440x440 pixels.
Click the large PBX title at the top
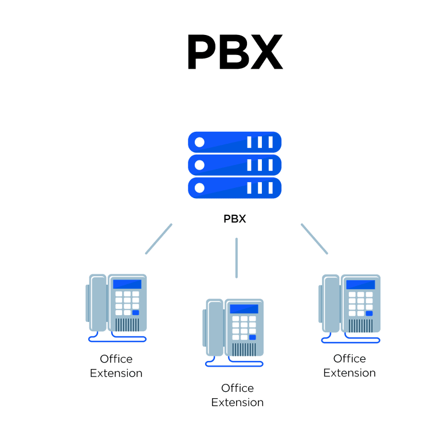click(235, 52)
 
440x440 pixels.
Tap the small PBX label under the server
click(235, 219)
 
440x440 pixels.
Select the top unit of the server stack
click(235, 142)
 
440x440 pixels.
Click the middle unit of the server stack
click(235, 165)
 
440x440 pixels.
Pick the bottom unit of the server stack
click(235, 188)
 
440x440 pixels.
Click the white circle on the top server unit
click(199, 142)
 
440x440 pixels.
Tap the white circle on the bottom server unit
click(199, 188)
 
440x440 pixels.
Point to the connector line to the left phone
click(159, 239)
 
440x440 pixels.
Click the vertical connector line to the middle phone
click(236, 258)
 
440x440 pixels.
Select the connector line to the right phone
click(314, 239)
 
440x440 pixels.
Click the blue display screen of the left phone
click(127, 284)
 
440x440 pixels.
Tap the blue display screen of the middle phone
click(244, 309)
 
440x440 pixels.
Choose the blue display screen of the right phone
click(361, 284)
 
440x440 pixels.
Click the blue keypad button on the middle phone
click(253, 337)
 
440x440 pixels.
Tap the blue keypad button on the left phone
click(136, 313)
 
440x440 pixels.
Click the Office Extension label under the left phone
click(116, 366)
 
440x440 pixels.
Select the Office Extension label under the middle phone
click(237, 395)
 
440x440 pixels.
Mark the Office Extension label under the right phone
click(349, 366)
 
